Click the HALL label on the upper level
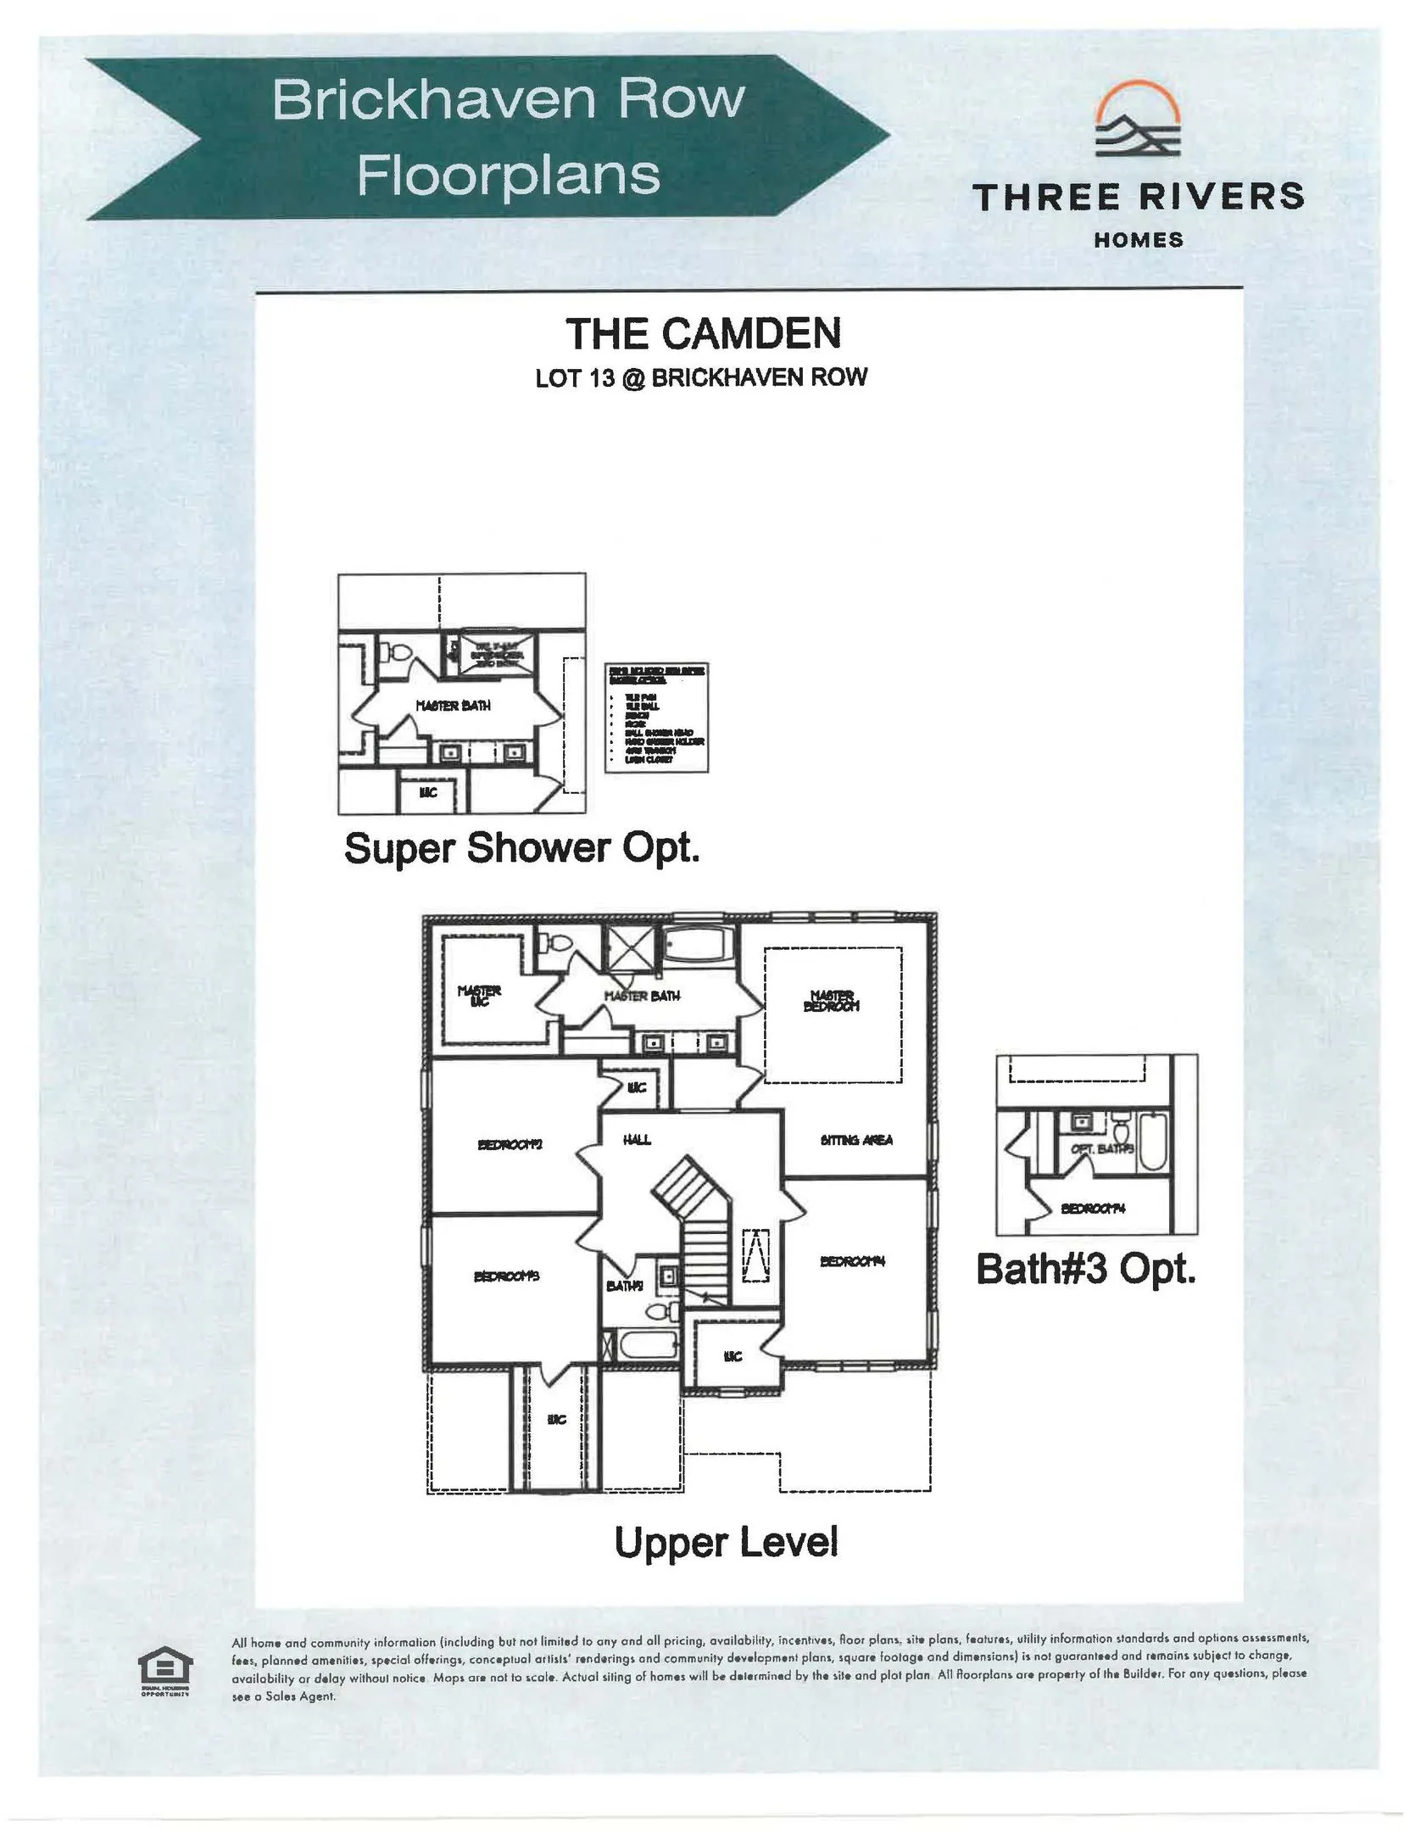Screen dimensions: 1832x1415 [637, 1140]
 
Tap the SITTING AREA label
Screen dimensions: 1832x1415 [856, 1140]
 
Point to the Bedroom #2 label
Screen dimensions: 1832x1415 [510, 1144]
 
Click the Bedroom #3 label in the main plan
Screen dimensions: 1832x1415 [506, 1276]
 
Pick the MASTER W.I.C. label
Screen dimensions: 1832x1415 [479, 995]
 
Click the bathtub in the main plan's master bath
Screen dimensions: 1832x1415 [700, 945]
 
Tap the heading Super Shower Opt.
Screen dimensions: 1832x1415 [521, 848]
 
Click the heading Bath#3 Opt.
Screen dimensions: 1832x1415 [1085, 1270]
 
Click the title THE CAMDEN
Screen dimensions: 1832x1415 [703, 333]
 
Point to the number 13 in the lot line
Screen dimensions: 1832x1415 [601, 378]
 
